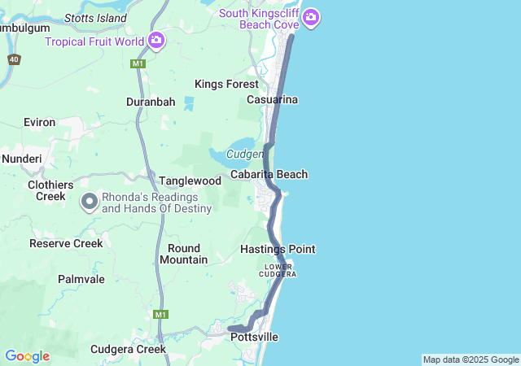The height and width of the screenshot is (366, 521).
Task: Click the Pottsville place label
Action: (x=254, y=337)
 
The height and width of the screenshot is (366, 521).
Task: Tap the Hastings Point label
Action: (x=278, y=249)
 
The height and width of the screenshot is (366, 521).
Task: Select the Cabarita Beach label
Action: (x=269, y=174)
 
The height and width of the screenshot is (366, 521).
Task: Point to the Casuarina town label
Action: (x=273, y=99)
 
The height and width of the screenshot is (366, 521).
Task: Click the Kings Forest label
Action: (x=226, y=84)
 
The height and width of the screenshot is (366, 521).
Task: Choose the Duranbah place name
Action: (x=151, y=102)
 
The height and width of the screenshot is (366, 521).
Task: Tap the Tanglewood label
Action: (x=190, y=181)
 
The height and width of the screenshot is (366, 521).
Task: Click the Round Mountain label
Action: (x=183, y=254)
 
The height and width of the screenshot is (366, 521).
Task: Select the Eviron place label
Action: (x=40, y=122)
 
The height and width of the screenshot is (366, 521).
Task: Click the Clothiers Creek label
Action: (x=50, y=190)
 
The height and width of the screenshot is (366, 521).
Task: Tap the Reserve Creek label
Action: (x=66, y=243)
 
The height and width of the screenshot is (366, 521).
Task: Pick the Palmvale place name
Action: (x=81, y=279)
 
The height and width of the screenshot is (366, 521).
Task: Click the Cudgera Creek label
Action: (x=128, y=349)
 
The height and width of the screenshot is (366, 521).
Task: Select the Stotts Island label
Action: (x=95, y=17)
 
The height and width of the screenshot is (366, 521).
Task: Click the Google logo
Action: (x=27, y=356)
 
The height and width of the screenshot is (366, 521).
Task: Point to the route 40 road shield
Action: (x=14, y=59)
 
